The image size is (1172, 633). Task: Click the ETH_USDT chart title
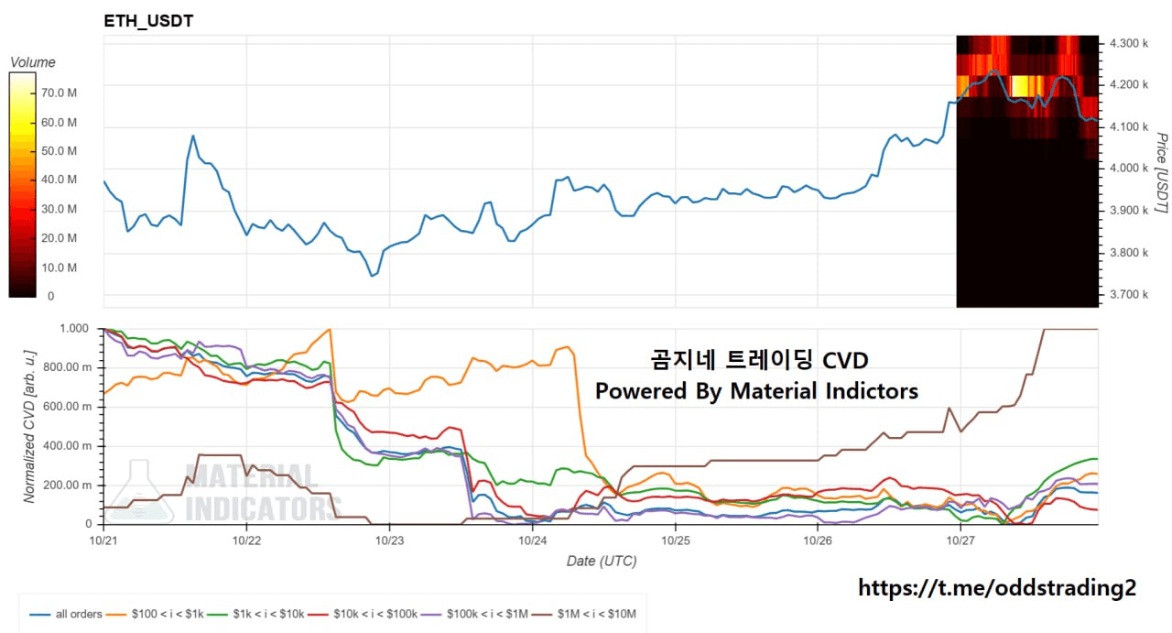click(149, 20)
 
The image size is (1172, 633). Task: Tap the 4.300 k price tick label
click(1128, 43)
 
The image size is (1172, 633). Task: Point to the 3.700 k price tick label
click(1128, 294)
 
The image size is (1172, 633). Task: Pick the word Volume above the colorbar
click(32, 62)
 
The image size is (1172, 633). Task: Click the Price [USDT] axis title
click(1160, 173)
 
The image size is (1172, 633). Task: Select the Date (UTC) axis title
click(601, 561)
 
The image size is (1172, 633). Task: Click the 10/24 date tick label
click(532, 540)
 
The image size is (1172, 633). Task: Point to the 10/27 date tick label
click(960, 540)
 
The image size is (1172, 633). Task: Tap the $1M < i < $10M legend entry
click(596, 614)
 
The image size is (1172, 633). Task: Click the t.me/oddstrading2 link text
click(997, 588)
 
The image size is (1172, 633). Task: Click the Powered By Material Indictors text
click(756, 391)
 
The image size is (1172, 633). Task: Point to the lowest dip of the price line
click(372, 275)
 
